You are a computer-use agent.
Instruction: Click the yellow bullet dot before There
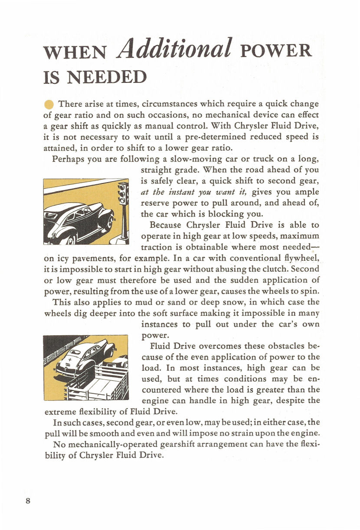pyautogui.click(x=49, y=105)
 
